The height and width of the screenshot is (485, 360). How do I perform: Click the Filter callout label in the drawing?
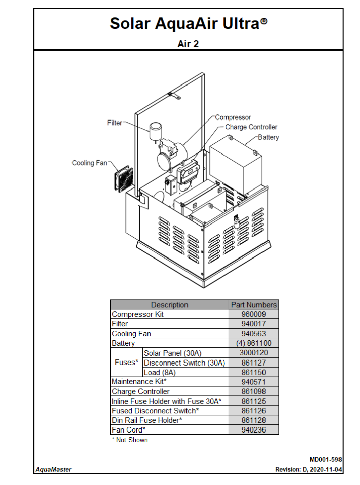(x=114, y=123)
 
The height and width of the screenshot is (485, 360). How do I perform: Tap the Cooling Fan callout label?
(x=90, y=163)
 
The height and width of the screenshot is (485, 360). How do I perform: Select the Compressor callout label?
(x=233, y=117)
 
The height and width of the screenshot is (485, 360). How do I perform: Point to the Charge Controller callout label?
(x=251, y=127)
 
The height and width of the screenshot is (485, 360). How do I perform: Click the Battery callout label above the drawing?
(x=269, y=137)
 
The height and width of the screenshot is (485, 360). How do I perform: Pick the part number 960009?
(x=254, y=314)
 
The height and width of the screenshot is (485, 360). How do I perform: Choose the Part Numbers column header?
(x=254, y=305)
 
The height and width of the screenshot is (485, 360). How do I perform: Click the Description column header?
(x=170, y=305)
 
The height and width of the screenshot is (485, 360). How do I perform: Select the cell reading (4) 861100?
(x=254, y=343)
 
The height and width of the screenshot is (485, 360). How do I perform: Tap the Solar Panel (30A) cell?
(x=173, y=353)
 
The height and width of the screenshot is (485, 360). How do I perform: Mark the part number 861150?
(x=254, y=373)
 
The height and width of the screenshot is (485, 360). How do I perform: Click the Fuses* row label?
(x=126, y=363)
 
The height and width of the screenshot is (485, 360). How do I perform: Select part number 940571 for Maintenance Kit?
(x=254, y=382)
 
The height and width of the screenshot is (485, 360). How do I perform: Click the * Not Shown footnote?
(x=129, y=440)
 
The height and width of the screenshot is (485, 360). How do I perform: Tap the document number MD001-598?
(x=325, y=460)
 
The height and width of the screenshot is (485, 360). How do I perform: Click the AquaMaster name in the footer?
(x=53, y=469)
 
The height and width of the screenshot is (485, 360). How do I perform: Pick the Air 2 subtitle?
(x=188, y=44)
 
